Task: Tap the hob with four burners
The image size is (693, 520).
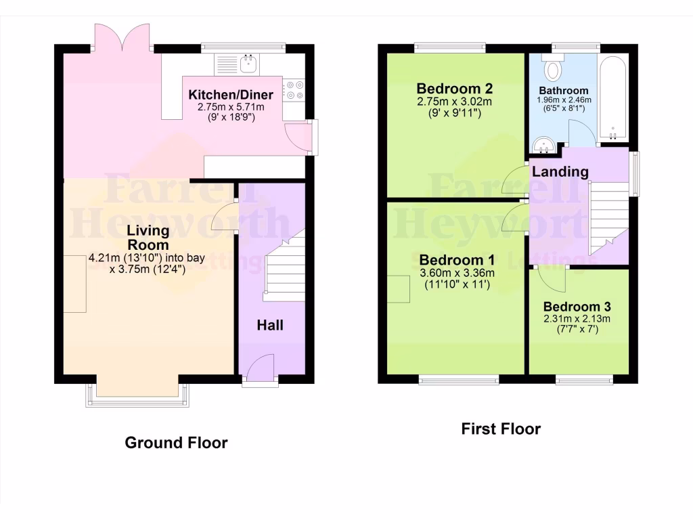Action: click(x=294, y=90)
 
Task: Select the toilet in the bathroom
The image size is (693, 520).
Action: click(x=556, y=68)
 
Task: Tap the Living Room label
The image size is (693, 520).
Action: click(x=148, y=238)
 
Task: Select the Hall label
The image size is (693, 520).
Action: click(x=269, y=326)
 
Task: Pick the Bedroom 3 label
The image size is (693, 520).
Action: click(x=572, y=307)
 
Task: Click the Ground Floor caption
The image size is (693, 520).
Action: click(x=176, y=443)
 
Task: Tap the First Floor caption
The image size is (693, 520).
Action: click(x=501, y=429)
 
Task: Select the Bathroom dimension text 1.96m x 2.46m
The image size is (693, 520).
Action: click(x=564, y=100)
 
